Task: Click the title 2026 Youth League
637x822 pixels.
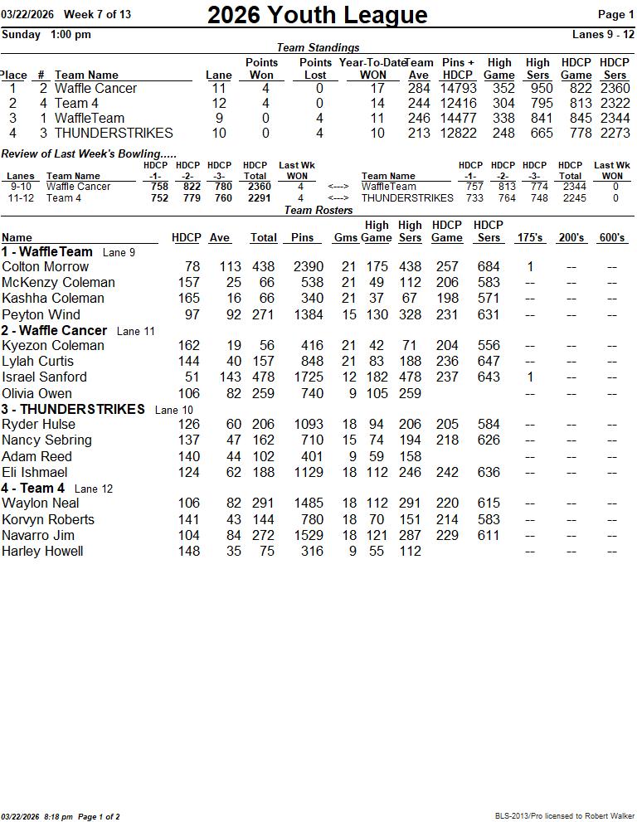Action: [317, 15]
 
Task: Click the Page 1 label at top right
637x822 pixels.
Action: [615, 14]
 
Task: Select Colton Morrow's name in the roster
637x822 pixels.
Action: [46, 267]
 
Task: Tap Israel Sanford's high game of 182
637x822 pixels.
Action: [377, 377]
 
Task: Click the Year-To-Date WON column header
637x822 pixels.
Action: [372, 68]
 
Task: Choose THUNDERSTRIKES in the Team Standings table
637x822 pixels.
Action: [114, 134]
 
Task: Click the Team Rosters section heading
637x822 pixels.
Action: [318, 211]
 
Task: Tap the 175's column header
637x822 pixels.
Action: [530, 238]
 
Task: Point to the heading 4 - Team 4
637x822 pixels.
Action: [33, 489]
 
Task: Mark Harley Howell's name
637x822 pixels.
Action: [42, 552]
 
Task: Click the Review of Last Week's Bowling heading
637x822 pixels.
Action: [89, 154]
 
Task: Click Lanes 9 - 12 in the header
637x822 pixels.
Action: [603, 35]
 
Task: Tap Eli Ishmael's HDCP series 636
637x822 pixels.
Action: [489, 473]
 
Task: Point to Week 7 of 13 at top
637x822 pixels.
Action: [97, 14]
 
